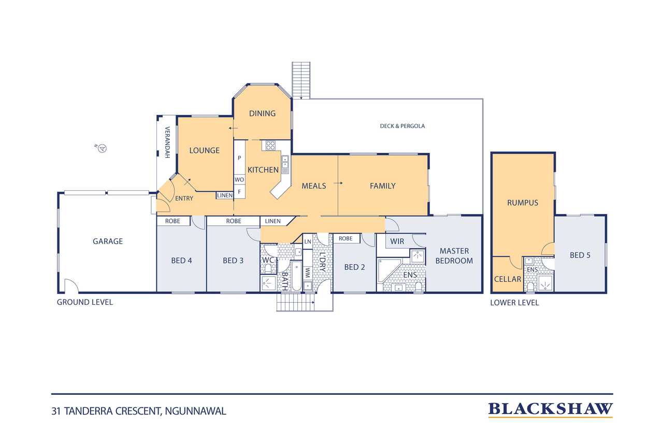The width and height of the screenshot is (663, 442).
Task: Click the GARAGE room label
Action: pos(108,241)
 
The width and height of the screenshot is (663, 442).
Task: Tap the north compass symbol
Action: pos(103,149)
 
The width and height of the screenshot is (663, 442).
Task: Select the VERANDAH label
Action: pos(167,142)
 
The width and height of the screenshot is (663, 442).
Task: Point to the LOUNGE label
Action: pos(204,150)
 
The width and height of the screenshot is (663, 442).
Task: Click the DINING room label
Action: pos(262,113)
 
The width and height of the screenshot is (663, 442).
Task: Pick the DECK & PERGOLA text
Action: pos(402,126)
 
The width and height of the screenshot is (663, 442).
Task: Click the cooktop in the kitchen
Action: pos(270,146)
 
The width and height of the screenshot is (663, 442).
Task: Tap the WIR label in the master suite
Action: pos(397,241)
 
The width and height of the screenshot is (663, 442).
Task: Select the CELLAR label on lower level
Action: pos(508,279)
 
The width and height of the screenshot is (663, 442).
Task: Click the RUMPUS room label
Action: pos(523,203)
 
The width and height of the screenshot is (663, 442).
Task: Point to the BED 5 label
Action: pos(580,255)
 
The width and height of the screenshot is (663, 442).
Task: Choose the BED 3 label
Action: pos(233,260)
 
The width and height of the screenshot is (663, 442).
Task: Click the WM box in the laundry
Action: pos(307,271)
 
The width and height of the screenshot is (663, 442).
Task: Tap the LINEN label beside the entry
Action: pos(225,195)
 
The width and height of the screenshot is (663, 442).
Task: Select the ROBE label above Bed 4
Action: pos(172,221)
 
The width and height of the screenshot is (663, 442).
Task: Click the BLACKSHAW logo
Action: pos(550,409)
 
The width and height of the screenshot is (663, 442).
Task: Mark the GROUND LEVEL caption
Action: pos(85,302)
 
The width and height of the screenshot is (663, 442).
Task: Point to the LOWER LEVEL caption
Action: pos(514,303)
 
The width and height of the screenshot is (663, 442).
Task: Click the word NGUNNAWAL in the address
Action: pos(196,411)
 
